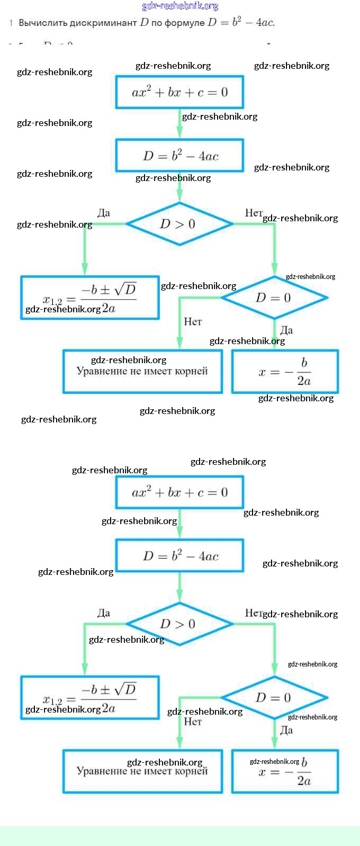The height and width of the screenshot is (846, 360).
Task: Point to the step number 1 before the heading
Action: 11,23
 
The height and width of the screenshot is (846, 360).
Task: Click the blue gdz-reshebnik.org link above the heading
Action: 180,6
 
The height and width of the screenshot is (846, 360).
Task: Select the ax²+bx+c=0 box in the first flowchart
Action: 179,92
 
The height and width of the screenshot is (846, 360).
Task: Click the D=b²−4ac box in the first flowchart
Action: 179,156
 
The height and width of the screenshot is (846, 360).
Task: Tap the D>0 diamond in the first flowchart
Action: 179,224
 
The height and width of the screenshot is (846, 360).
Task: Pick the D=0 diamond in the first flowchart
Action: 274,298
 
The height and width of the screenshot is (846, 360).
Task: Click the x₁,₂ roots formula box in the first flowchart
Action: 89,298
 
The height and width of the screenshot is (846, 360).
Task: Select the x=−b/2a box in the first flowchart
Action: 285,372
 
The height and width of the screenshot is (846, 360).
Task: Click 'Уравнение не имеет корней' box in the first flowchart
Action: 142,372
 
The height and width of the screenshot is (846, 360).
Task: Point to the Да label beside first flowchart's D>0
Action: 104,213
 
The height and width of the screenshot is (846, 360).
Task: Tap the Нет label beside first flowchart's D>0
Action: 254,213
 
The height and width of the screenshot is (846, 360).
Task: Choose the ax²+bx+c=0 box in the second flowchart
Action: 179,492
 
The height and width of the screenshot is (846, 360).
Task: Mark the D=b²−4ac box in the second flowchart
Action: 179,556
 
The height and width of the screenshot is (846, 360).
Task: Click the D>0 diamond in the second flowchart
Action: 179,624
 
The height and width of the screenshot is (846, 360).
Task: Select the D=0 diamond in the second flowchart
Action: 274,698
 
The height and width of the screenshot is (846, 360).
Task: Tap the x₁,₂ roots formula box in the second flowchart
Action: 89,698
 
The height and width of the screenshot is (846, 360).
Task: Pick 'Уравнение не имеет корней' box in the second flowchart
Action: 142,771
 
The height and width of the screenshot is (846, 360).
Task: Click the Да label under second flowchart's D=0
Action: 286,730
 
